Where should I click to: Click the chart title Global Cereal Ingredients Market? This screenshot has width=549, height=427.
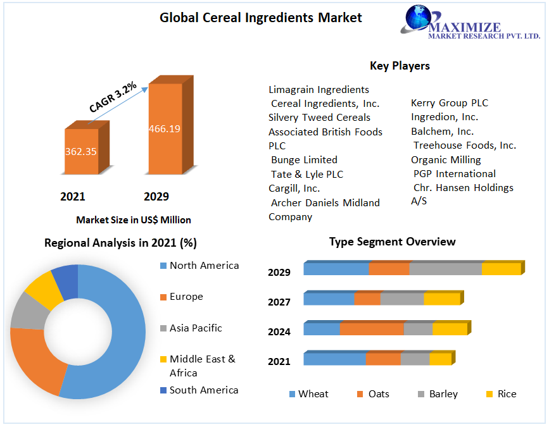point(260,18)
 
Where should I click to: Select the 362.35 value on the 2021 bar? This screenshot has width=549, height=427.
point(81,152)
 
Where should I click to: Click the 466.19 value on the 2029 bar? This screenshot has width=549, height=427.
point(165,129)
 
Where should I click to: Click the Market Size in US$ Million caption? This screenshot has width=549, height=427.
point(133,220)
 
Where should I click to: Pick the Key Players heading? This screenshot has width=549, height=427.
point(400,66)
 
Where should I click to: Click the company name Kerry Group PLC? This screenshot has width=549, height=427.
point(450,103)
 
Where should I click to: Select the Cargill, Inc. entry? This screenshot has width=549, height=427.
point(294,189)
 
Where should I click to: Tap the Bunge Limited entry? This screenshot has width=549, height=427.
point(304,160)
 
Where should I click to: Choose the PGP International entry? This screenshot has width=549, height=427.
point(455,174)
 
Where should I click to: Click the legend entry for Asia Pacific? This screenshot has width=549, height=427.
point(196,328)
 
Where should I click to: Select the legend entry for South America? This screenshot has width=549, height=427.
point(204,390)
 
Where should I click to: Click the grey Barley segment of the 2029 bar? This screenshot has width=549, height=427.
point(445,269)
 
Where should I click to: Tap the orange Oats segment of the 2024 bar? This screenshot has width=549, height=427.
point(372,329)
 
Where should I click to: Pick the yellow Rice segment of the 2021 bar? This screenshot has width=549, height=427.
point(440,359)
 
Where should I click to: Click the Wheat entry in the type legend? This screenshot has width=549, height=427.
point(313,394)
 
